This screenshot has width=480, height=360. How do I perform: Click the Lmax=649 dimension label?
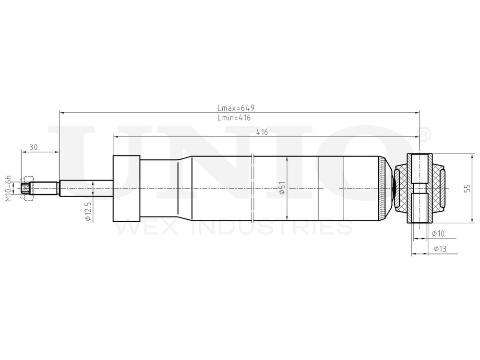pyautogui.click(x=236, y=108)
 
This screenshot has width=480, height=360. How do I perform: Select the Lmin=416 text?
pyautogui.click(x=234, y=118)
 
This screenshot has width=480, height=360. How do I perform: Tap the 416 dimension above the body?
pyautogui.click(x=262, y=132)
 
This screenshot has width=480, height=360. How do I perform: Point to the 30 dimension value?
pyautogui.click(x=34, y=147)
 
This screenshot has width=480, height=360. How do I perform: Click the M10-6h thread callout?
pyautogui.click(x=9, y=188)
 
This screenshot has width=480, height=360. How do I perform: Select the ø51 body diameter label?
pyautogui.click(x=282, y=188)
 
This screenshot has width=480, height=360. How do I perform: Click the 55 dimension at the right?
pyautogui.click(x=467, y=188)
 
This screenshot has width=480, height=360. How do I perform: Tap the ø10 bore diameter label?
pyautogui.click(x=438, y=234)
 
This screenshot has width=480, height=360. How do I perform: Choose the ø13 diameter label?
pyautogui.click(x=440, y=249)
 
